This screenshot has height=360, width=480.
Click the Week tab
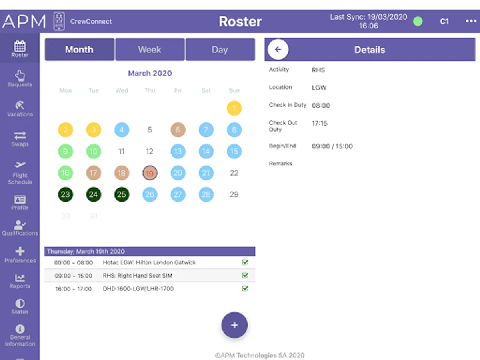tap(150, 50)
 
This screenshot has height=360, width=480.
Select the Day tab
tap(220, 50)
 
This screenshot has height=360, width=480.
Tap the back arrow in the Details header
tap(278, 50)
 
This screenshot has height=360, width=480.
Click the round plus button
tap(234, 325)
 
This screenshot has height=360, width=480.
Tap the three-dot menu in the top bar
tap(471, 21)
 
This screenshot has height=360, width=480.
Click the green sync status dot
tap(418, 22)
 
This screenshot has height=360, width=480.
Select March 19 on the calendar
tap(150, 173)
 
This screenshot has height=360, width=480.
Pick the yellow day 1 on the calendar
tap(234, 108)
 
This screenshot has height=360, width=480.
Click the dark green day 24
tap(94, 195)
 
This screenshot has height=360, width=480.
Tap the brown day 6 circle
tap(178, 130)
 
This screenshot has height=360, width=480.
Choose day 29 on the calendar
tap(234, 195)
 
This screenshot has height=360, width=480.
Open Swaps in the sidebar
tap(20, 138)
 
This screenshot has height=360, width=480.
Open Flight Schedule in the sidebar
tap(20, 173)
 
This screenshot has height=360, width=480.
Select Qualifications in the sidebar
tap(20, 228)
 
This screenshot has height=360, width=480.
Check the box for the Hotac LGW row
tap(245, 262)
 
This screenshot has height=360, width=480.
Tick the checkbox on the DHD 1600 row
tap(245, 288)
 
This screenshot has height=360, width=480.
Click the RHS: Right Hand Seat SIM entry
tap(138, 276)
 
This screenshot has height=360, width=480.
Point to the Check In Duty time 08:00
tap(321, 106)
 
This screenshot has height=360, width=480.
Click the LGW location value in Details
tap(319, 88)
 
